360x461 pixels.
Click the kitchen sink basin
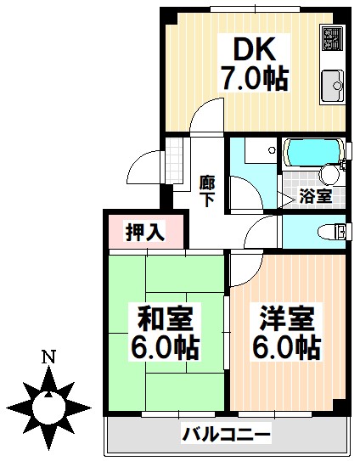(330, 85)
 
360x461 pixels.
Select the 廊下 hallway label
(206, 190)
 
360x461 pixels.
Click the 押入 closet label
(144, 232)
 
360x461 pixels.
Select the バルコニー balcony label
(227, 436)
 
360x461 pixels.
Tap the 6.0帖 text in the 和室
(166, 348)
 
